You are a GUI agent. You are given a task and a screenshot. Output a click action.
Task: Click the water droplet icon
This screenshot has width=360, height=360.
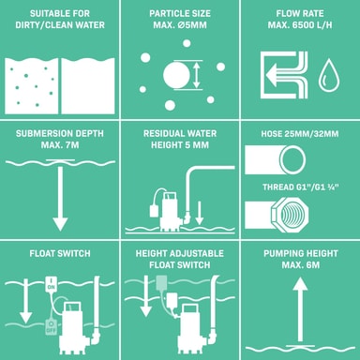point(328,75)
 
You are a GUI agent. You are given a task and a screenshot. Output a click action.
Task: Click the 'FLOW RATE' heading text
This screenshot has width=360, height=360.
point(300,13)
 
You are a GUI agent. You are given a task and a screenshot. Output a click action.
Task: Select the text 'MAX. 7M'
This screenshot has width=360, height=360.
point(60,145)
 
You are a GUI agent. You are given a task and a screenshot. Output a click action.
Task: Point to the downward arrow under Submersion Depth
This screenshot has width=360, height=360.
point(60,195)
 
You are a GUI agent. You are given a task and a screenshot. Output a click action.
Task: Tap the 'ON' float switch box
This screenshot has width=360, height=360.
point(51,284)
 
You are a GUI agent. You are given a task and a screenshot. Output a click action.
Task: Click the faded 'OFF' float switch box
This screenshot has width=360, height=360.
point(51,327)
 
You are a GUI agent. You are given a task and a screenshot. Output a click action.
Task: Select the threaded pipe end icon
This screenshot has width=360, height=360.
point(277,215)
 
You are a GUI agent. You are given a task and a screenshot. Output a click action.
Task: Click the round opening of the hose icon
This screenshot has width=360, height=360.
point(292,159)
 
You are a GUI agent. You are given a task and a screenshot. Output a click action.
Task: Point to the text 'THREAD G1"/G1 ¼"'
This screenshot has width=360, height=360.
point(301,187)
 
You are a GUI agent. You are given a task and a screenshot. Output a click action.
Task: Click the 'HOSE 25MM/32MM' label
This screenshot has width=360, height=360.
point(300,134)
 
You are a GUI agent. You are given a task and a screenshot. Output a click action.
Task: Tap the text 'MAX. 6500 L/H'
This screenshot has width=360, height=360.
point(300,25)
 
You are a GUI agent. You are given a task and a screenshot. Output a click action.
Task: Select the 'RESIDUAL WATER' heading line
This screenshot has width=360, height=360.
point(180,133)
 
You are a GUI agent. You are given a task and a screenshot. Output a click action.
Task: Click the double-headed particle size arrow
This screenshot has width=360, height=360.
point(196,75)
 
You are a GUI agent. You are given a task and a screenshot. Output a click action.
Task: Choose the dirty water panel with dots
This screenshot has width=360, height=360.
point(32,86)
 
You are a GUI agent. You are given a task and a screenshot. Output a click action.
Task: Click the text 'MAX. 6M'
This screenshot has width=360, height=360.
point(300,265)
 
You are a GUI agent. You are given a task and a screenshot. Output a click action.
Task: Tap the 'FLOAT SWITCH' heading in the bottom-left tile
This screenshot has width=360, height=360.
point(60,253)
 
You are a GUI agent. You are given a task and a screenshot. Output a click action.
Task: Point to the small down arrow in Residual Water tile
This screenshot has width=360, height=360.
point(199,213)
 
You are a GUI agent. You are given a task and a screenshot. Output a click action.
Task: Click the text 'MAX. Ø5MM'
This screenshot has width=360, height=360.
point(180,25)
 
